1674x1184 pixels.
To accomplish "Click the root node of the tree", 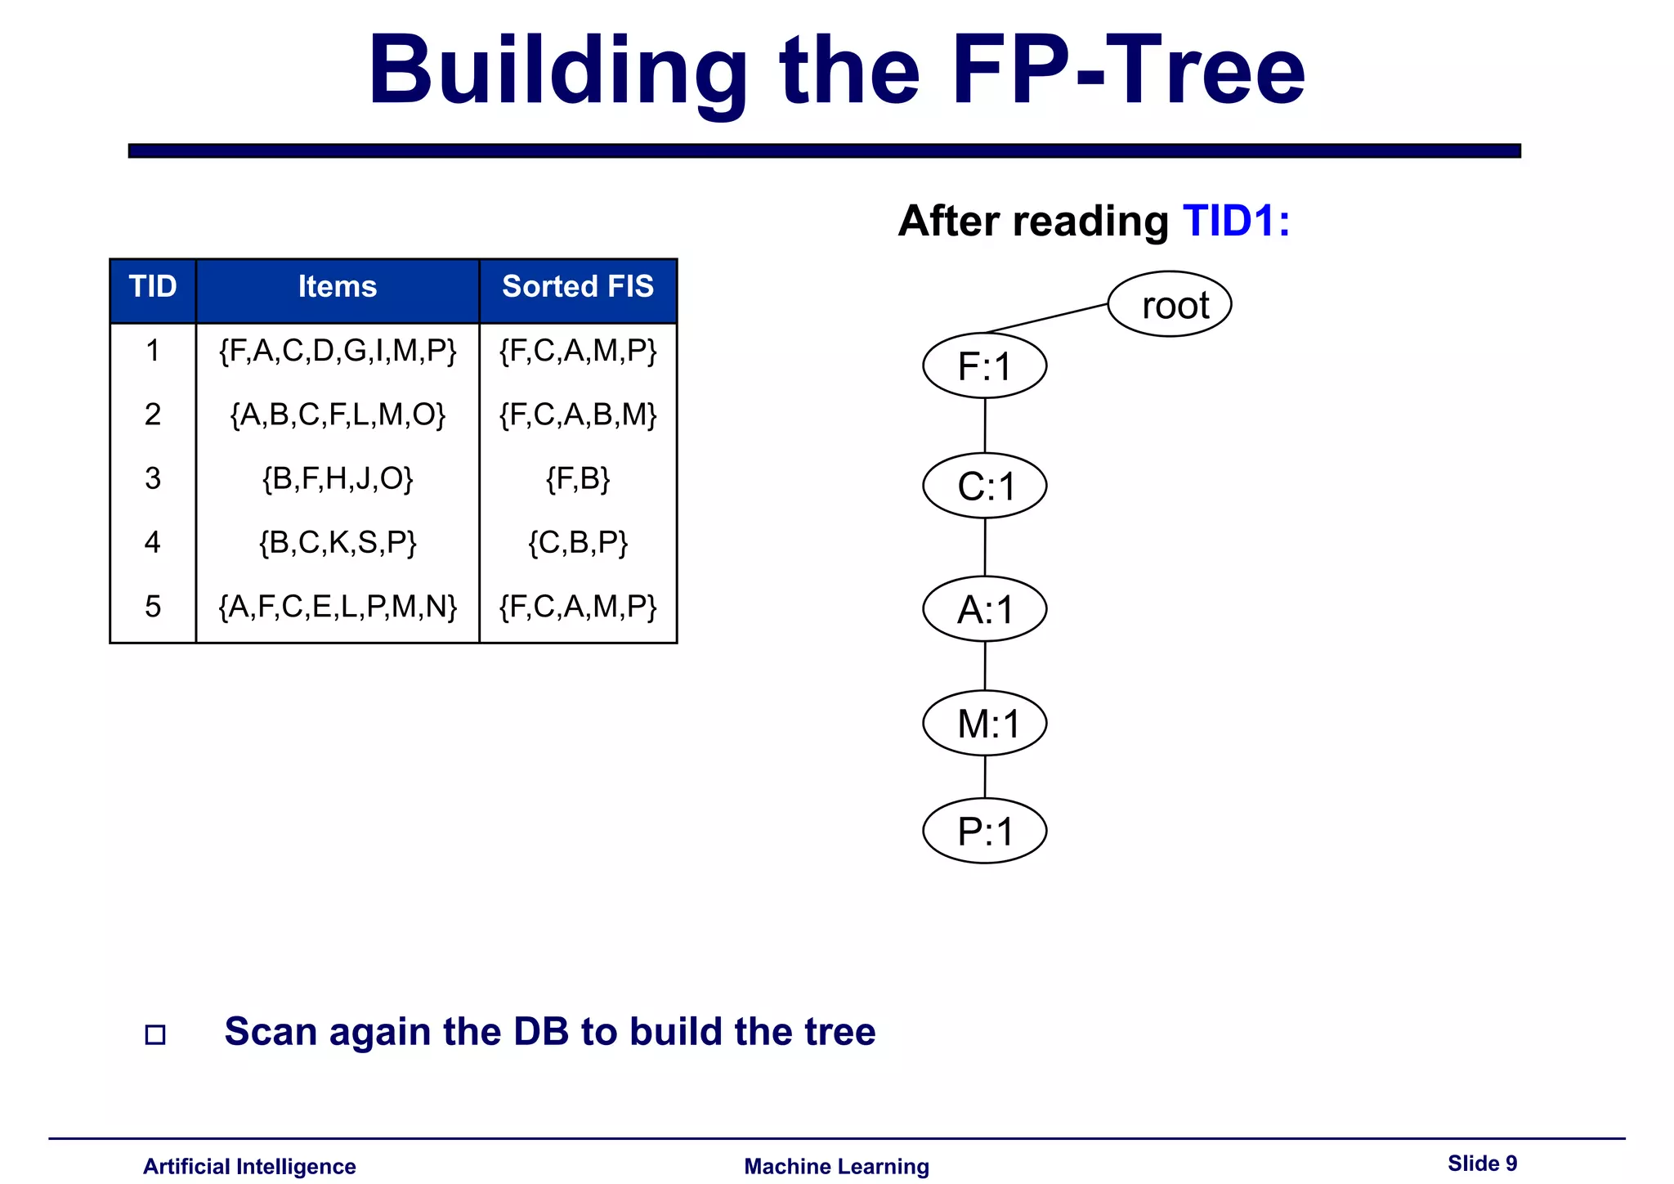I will pyautogui.click(x=1169, y=304).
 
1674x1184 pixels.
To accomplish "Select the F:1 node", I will pyautogui.click(x=984, y=366).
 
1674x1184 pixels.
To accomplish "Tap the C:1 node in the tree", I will pyautogui.click(x=984, y=486).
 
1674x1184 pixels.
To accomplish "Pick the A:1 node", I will pyautogui.click(x=984, y=609).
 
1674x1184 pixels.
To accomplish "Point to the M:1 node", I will pyautogui.click(x=984, y=724).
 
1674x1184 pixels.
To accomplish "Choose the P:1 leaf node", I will pyautogui.click(x=984, y=831).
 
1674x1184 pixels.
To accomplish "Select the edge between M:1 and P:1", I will pyautogui.click(x=985, y=777).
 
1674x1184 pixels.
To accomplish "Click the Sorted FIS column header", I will pyautogui.click(x=577, y=287).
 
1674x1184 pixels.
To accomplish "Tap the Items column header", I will pyautogui.click(x=337, y=287).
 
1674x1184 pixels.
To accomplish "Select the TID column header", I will pyautogui.click(x=153, y=287).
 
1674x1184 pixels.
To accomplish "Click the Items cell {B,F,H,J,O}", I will pyautogui.click(x=337, y=478).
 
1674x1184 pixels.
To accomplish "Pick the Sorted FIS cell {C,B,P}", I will pyautogui.click(x=577, y=542).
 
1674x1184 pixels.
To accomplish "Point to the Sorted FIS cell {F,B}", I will pyautogui.click(x=577, y=478).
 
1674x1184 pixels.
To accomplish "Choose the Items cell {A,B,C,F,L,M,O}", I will pyautogui.click(x=337, y=415).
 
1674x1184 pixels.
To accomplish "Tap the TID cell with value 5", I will pyautogui.click(x=153, y=606).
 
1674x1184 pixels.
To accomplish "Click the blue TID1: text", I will pyautogui.click(x=1236, y=221).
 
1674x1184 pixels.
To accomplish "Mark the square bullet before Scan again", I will pyautogui.click(x=155, y=1034).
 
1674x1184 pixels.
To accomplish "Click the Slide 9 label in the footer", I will pyautogui.click(x=1482, y=1163).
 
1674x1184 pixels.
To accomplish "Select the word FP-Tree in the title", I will pyautogui.click(x=1128, y=71).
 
